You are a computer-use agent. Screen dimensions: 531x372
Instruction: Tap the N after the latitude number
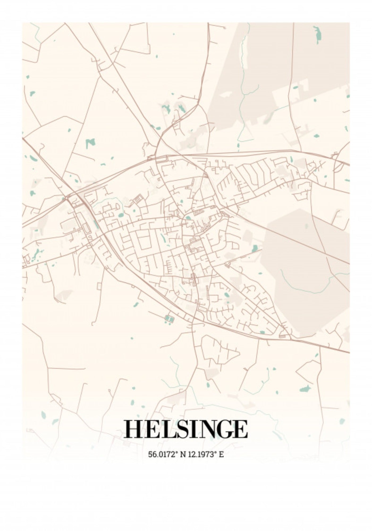coord(183,454)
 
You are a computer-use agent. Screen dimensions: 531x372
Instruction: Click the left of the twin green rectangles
coord(167,318)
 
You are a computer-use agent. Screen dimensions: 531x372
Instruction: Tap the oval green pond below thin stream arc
coord(121,215)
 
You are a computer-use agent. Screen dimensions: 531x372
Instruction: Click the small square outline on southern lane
coord(99,286)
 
